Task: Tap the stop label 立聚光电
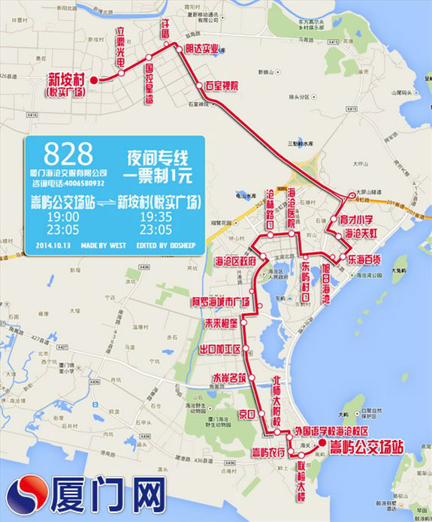(x=120, y=47)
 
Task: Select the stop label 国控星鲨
(x=150, y=84)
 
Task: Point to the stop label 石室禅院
(x=221, y=86)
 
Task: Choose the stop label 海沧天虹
(x=361, y=234)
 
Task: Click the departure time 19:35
(x=156, y=218)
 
